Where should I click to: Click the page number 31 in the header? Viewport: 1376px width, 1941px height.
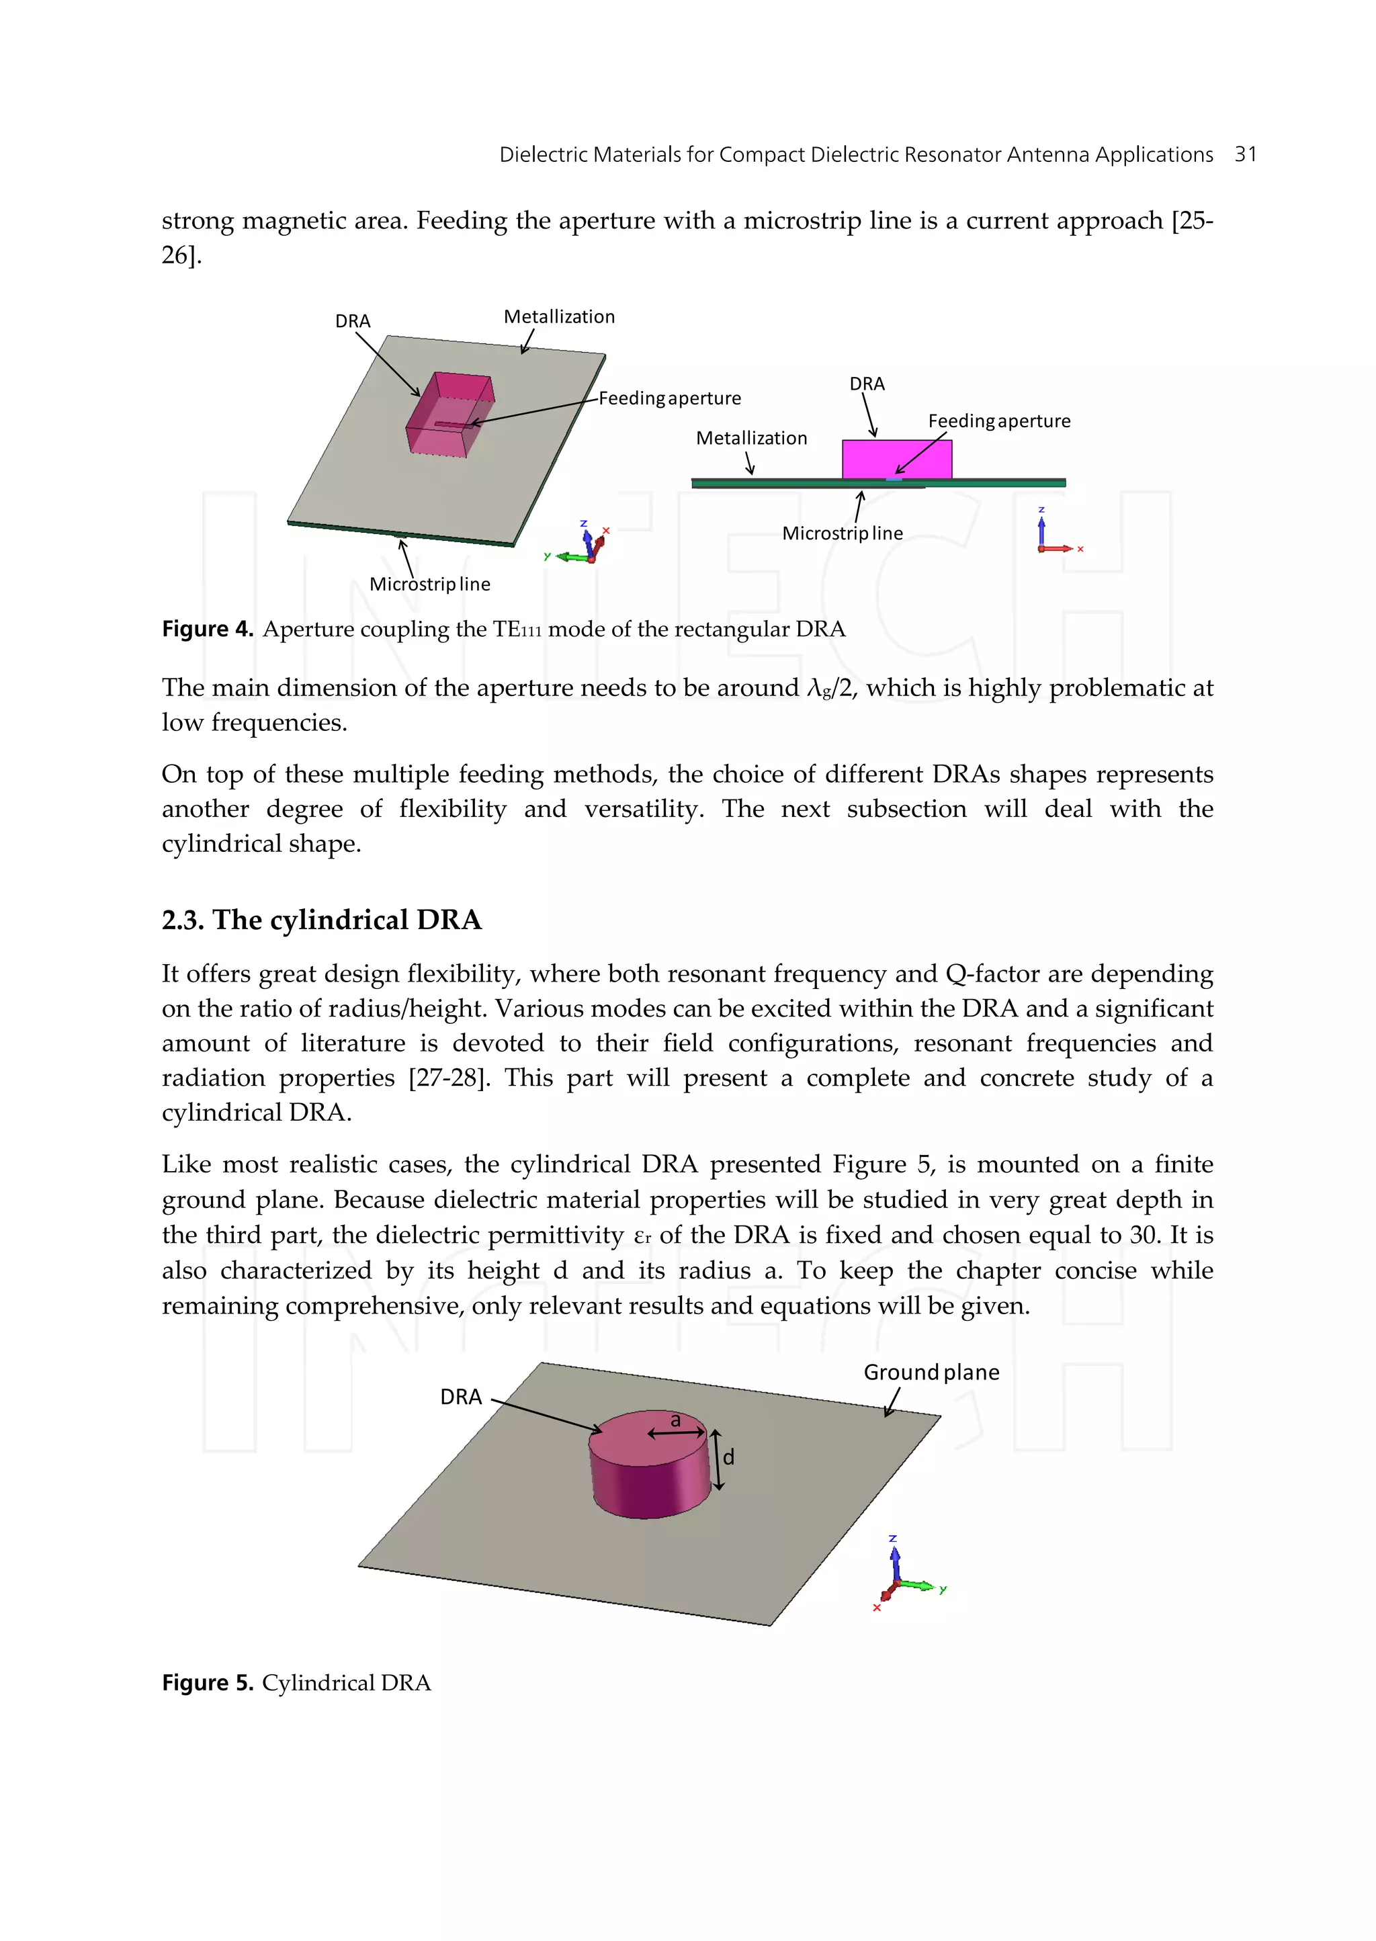tap(1245, 155)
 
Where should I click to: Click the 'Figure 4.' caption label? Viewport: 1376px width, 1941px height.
tap(208, 630)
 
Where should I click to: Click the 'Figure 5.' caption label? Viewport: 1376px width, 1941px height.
tap(208, 1682)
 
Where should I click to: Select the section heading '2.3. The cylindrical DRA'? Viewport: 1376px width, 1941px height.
tap(321, 919)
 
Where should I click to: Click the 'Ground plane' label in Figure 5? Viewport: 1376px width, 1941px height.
tap(931, 1373)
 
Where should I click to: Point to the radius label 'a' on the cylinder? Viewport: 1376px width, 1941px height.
tap(675, 1420)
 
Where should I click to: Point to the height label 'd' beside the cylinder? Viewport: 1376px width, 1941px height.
tap(728, 1457)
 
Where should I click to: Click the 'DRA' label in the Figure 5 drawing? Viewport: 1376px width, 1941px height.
tap(460, 1397)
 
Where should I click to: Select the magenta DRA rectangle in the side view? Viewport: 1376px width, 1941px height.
tap(896, 458)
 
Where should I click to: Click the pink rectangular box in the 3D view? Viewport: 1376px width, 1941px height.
tap(449, 415)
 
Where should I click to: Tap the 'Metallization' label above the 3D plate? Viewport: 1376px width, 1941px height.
tap(558, 317)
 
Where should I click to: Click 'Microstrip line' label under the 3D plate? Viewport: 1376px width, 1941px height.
tap(429, 584)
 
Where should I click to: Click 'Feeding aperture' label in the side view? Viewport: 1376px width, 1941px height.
tap(998, 421)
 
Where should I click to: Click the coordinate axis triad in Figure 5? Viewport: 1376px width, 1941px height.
tap(905, 1578)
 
